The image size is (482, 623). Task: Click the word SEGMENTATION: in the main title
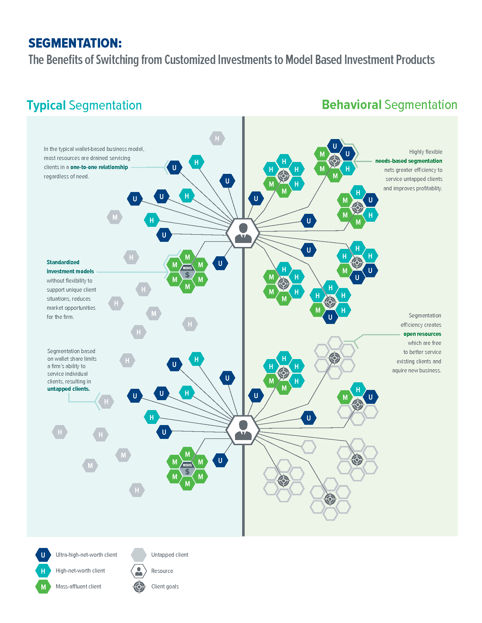pos(75,43)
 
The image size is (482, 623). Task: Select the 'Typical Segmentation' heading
pos(84,105)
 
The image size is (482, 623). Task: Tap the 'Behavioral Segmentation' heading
pos(389,105)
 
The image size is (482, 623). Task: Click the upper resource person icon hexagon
pos(243,233)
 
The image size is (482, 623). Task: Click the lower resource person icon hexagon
pos(243,430)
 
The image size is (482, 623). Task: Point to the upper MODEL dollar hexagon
pos(187,272)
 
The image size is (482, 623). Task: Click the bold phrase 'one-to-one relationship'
pos(99,167)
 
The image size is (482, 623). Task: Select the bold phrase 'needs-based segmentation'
pos(409,161)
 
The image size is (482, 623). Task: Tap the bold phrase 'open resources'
pos(422,334)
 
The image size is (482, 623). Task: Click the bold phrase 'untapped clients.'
pos(69,389)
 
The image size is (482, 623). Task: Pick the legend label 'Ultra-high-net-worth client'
pos(86,555)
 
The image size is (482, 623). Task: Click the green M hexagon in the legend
pos(43,587)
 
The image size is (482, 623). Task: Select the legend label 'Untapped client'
pos(170,555)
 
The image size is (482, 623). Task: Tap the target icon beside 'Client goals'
pos(139,587)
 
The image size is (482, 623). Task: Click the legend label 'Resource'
pos(162,571)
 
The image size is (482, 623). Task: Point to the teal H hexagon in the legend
pos(43,571)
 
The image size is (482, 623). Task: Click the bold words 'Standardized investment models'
pos(70,267)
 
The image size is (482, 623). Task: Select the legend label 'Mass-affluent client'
pos(78,586)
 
